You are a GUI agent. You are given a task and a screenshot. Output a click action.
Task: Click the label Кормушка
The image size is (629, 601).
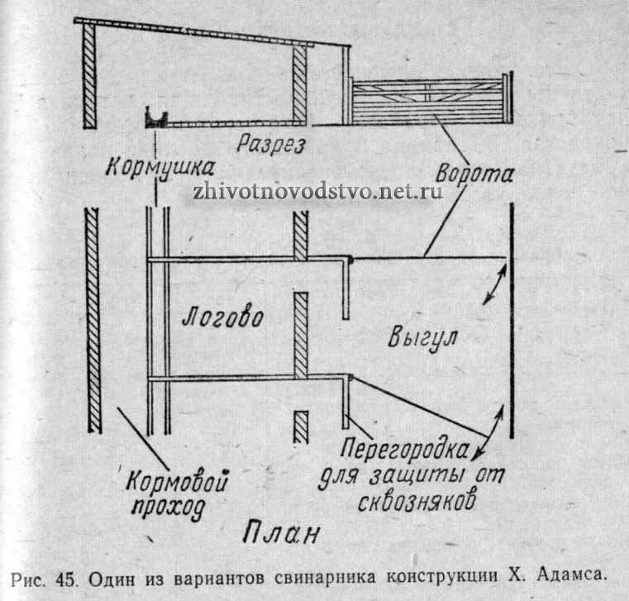155,166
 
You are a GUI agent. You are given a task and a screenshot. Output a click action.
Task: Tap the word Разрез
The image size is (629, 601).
270,145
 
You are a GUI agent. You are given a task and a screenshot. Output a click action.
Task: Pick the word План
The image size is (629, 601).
281,532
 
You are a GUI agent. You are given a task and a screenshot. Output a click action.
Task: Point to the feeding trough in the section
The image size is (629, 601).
156,118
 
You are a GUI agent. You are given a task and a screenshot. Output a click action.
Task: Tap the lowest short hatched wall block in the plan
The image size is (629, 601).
301,427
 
